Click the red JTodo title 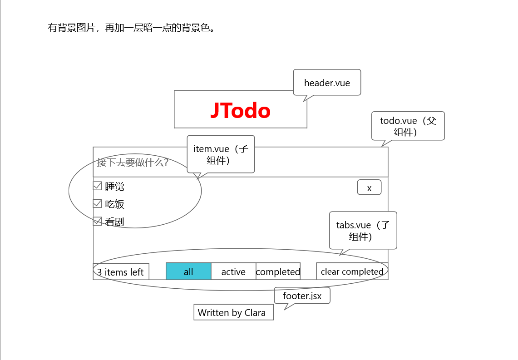(240, 111)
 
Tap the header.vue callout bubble (327, 83)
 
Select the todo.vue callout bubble (408, 126)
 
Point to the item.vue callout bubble (221, 154)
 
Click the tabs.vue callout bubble (363, 231)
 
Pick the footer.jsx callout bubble (302, 296)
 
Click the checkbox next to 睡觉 (97, 186)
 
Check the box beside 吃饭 (97, 203)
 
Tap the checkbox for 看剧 (97, 221)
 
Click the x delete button (369, 187)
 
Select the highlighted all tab (188, 271)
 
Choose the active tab (233, 271)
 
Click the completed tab (278, 271)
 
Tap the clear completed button (352, 271)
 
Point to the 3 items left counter (121, 272)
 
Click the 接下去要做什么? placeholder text (133, 162)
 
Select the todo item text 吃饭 (114, 204)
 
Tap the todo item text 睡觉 (114, 186)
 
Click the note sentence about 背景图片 (131, 28)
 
